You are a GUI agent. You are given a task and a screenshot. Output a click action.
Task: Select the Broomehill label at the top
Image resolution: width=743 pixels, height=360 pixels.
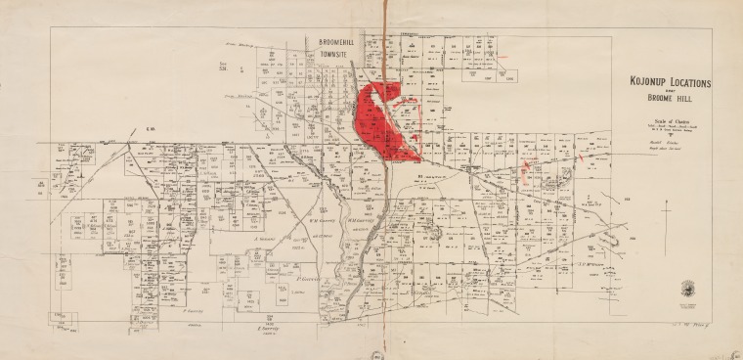[340, 42]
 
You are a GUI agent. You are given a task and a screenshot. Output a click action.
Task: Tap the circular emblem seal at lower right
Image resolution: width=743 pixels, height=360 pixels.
[690, 290]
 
